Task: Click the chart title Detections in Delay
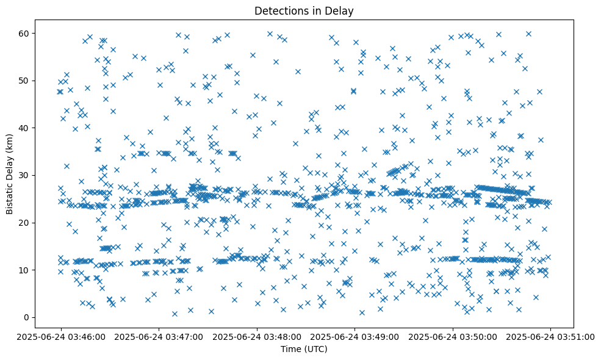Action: click(304, 10)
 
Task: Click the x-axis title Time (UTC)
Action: click(304, 350)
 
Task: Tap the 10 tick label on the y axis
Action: click(24, 270)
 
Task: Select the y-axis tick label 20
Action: click(24, 223)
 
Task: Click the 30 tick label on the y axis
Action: click(24, 175)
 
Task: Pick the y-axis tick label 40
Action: click(24, 128)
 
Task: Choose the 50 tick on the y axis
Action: click(24, 81)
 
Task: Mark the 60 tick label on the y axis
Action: click(24, 33)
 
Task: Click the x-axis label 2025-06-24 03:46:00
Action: click(60, 336)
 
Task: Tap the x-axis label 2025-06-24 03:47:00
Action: click(159, 336)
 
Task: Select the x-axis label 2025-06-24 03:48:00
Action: click(257, 336)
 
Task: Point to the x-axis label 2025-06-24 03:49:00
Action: click(354, 336)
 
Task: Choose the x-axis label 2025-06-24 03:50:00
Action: click(453, 336)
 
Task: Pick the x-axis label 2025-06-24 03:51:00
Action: click(550, 336)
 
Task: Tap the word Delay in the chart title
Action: click(342, 10)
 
